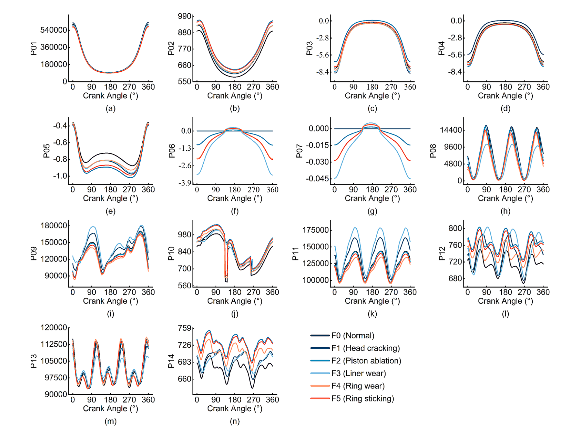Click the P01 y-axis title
click(34, 49)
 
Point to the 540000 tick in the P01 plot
click(53, 30)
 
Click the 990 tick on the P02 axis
click(185, 16)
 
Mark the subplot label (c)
click(372, 108)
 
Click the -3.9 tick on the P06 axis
click(185, 183)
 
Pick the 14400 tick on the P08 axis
click(451, 130)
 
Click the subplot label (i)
click(110, 314)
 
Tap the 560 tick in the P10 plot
click(185, 286)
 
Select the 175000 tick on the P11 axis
click(316, 230)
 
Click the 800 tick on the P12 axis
click(455, 228)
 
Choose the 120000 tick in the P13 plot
click(54, 327)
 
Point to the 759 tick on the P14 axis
click(185, 328)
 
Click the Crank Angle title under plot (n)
click(235, 409)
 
